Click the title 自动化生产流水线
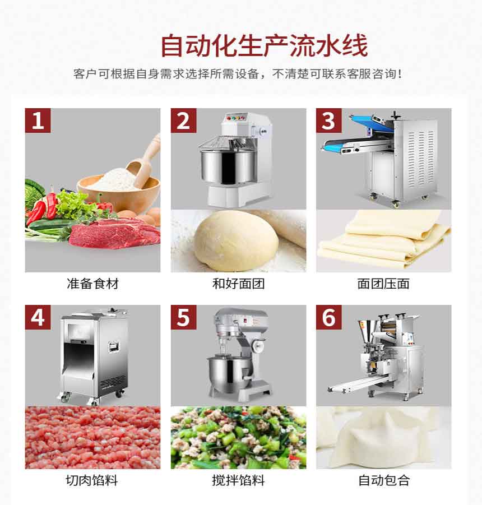tap(264, 45)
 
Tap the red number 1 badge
tap(38, 121)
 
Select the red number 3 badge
tap(329, 121)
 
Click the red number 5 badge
tap(183, 317)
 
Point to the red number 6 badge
tap(329, 317)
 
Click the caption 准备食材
tap(92, 284)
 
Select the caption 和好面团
tap(238, 284)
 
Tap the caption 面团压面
tap(383, 284)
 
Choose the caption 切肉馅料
tap(92, 480)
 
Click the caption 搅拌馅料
tap(238, 480)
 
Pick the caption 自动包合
tap(384, 480)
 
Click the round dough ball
tap(236, 240)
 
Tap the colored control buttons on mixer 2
tap(236, 118)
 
